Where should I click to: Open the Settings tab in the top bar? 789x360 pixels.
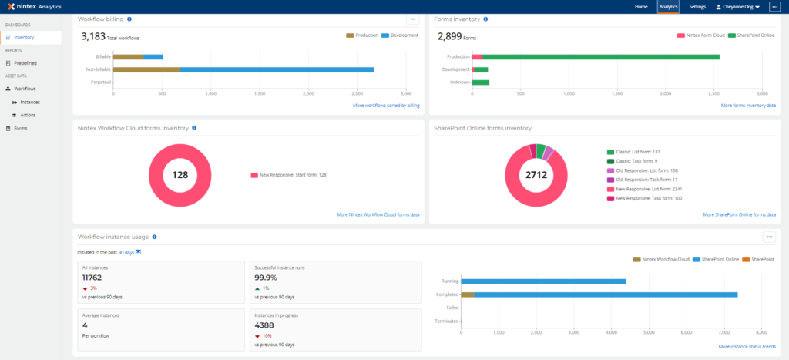pyautogui.click(x=697, y=7)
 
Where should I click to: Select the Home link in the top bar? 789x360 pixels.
pyautogui.click(x=641, y=7)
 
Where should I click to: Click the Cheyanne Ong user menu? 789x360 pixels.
pyautogui.click(x=737, y=7)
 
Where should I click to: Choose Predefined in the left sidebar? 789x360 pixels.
pyautogui.click(x=25, y=63)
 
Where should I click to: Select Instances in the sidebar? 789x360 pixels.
pyautogui.click(x=29, y=102)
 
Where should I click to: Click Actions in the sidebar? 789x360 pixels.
pyautogui.click(x=28, y=115)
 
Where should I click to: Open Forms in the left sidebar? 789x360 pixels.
pyautogui.click(x=20, y=128)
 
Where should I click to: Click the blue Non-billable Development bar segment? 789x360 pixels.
pyautogui.click(x=277, y=69)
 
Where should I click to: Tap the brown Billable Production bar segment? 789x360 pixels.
pyautogui.click(x=129, y=56)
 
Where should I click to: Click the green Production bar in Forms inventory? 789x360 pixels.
pyautogui.click(x=600, y=56)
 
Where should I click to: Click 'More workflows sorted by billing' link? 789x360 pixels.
pyautogui.click(x=385, y=105)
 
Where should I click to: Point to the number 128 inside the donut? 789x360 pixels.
pyautogui.click(x=180, y=175)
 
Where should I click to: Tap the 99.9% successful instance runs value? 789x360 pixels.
pyautogui.click(x=266, y=278)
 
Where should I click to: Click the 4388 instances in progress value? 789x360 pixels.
pyautogui.click(x=264, y=325)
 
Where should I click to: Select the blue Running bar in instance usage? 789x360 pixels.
pyautogui.click(x=542, y=281)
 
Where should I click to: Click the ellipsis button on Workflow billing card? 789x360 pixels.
pyautogui.click(x=413, y=19)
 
